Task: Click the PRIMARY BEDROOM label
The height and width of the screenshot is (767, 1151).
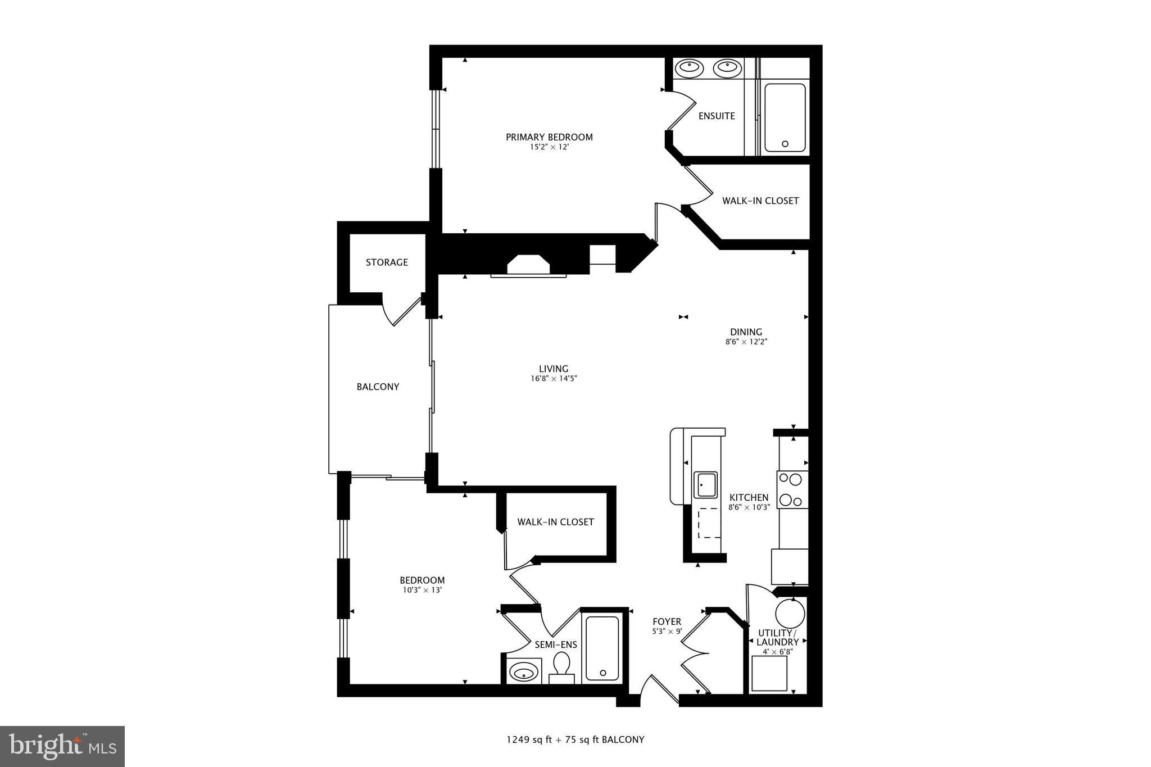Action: pos(549,137)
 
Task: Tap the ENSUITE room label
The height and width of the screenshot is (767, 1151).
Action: pos(717,116)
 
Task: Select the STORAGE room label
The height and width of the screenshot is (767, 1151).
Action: pos(387,262)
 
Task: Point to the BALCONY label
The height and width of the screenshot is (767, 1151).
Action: pos(378,387)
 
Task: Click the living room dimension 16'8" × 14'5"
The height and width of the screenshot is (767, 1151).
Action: pos(554,379)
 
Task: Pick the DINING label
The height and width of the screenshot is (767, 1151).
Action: pos(746,332)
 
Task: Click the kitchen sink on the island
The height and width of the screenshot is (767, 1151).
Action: pos(705,484)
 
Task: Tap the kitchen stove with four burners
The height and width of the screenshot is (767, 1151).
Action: pos(792,489)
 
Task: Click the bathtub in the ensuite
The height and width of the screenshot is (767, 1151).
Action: pos(785,117)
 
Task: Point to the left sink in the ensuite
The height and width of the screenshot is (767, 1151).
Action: pos(688,68)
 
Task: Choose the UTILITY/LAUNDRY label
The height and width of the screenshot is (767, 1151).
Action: pos(777,638)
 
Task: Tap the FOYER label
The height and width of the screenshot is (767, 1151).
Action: pos(667,621)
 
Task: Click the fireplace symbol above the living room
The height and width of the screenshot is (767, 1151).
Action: pos(528,265)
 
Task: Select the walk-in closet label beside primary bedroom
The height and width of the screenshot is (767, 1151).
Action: pos(760,201)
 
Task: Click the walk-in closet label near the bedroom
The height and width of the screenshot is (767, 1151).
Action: pos(555,522)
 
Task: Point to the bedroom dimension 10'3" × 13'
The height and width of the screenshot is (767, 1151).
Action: pos(422,590)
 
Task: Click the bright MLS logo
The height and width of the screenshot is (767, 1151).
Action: pos(62,746)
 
